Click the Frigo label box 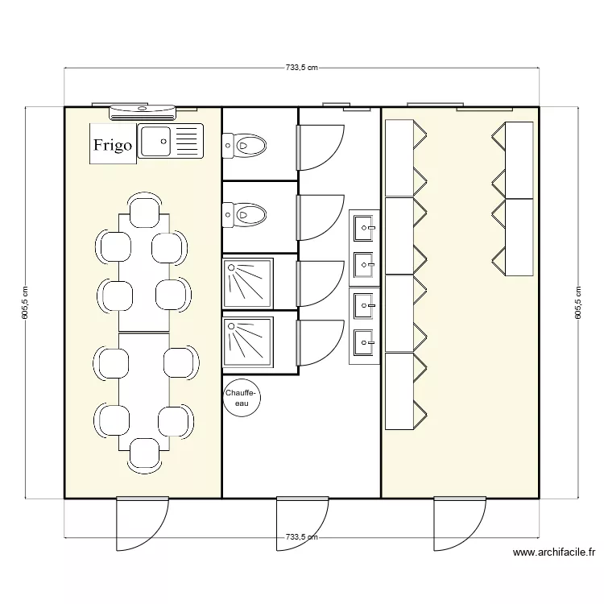pos(113,145)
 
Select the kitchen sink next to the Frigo pos(171,142)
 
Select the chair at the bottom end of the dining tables pos(143,454)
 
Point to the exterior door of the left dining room pos(142,523)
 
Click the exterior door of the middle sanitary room pos(302,523)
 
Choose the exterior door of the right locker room pos(460,523)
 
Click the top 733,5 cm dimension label pos(302,68)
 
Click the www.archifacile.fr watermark pos(553,552)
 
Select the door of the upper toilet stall pos(320,148)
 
